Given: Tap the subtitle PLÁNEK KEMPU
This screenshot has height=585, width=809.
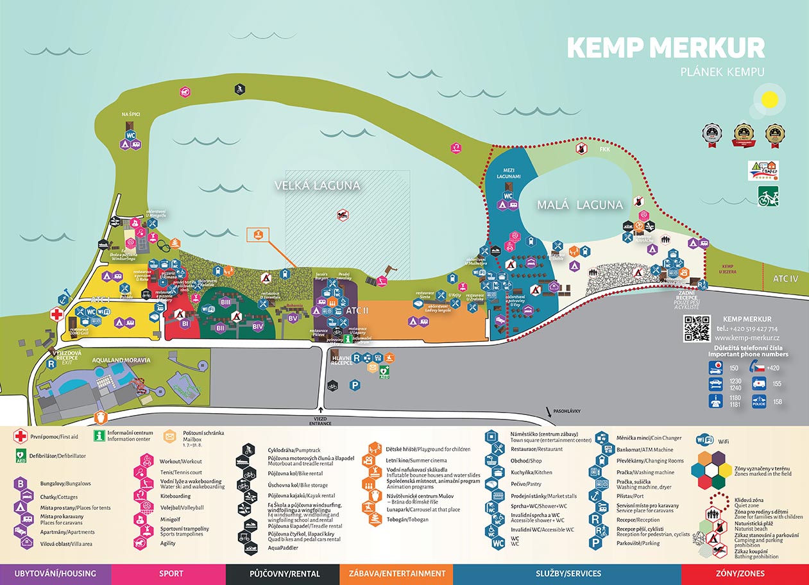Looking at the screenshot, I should click(x=722, y=72).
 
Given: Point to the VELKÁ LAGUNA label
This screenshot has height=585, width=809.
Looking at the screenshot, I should click(x=317, y=185).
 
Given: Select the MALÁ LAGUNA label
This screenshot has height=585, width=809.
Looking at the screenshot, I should click(x=580, y=205).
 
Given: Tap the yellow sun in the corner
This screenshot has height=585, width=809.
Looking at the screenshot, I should click(x=769, y=101).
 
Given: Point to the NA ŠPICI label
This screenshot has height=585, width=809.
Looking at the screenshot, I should click(x=131, y=114).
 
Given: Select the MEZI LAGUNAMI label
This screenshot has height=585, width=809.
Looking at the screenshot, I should click(x=507, y=174).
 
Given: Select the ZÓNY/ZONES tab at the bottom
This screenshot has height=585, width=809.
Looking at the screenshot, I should click(x=745, y=573).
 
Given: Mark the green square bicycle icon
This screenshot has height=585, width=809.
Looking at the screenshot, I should click(x=768, y=196).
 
